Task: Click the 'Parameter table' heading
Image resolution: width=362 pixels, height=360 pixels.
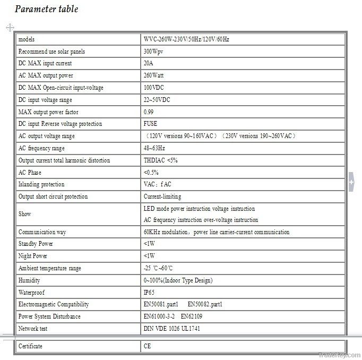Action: pos(46,9)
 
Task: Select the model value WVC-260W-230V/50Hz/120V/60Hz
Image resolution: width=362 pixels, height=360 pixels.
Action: pos(186,39)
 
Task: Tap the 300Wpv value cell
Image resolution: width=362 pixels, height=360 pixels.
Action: pos(153,52)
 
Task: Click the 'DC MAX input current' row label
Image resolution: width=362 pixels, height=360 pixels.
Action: pos(45,64)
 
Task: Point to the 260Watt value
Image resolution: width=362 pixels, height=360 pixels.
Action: pos(154,76)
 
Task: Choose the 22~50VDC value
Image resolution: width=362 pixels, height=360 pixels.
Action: pos(158,100)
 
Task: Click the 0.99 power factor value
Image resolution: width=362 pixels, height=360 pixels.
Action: pos(149,112)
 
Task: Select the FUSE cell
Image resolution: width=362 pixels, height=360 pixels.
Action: pos(150,124)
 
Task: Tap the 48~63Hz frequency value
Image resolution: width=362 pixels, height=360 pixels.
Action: pos(154,148)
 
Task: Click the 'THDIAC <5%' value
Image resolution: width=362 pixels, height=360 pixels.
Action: pos(160,160)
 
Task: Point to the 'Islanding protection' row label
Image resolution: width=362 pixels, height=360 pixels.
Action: pos(41,184)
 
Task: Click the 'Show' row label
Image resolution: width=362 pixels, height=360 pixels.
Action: pos(24,214)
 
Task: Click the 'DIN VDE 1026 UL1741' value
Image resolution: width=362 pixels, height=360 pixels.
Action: pos(171,329)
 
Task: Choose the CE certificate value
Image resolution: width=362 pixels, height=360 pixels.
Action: pos(147,346)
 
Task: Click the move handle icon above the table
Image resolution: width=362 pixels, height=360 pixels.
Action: pos(10,27)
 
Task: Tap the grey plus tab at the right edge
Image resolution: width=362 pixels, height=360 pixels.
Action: pos(351,182)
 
